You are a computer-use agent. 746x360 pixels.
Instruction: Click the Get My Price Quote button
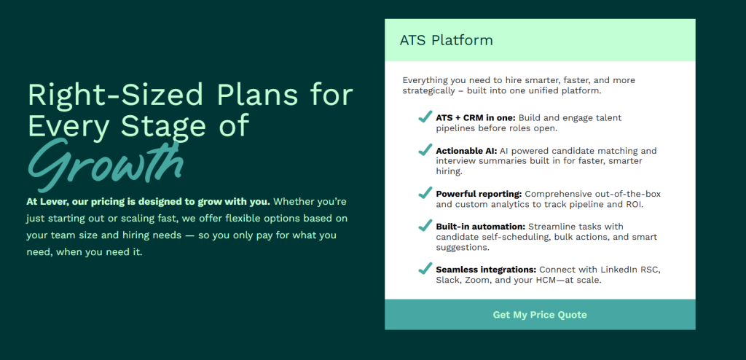point(540,315)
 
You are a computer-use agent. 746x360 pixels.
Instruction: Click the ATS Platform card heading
point(447,41)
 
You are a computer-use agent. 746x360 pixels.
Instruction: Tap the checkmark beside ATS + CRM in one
point(425,116)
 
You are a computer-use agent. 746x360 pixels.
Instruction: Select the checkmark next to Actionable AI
point(425,149)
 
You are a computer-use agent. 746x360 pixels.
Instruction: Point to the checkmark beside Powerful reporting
point(425,193)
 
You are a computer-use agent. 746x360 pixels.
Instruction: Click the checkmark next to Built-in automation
point(425,225)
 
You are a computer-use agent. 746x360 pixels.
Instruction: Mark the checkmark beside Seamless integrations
point(425,269)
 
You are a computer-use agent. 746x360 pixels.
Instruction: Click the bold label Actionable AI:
point(466,151)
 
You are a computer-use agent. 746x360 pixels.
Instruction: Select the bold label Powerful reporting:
point(479,195)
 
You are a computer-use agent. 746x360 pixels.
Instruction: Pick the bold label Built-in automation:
point(481,227)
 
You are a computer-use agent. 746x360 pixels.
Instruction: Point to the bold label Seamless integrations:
point(486,270)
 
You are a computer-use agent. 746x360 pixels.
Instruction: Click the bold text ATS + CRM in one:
point(476,117)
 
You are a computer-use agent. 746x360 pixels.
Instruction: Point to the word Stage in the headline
point(163,125)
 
